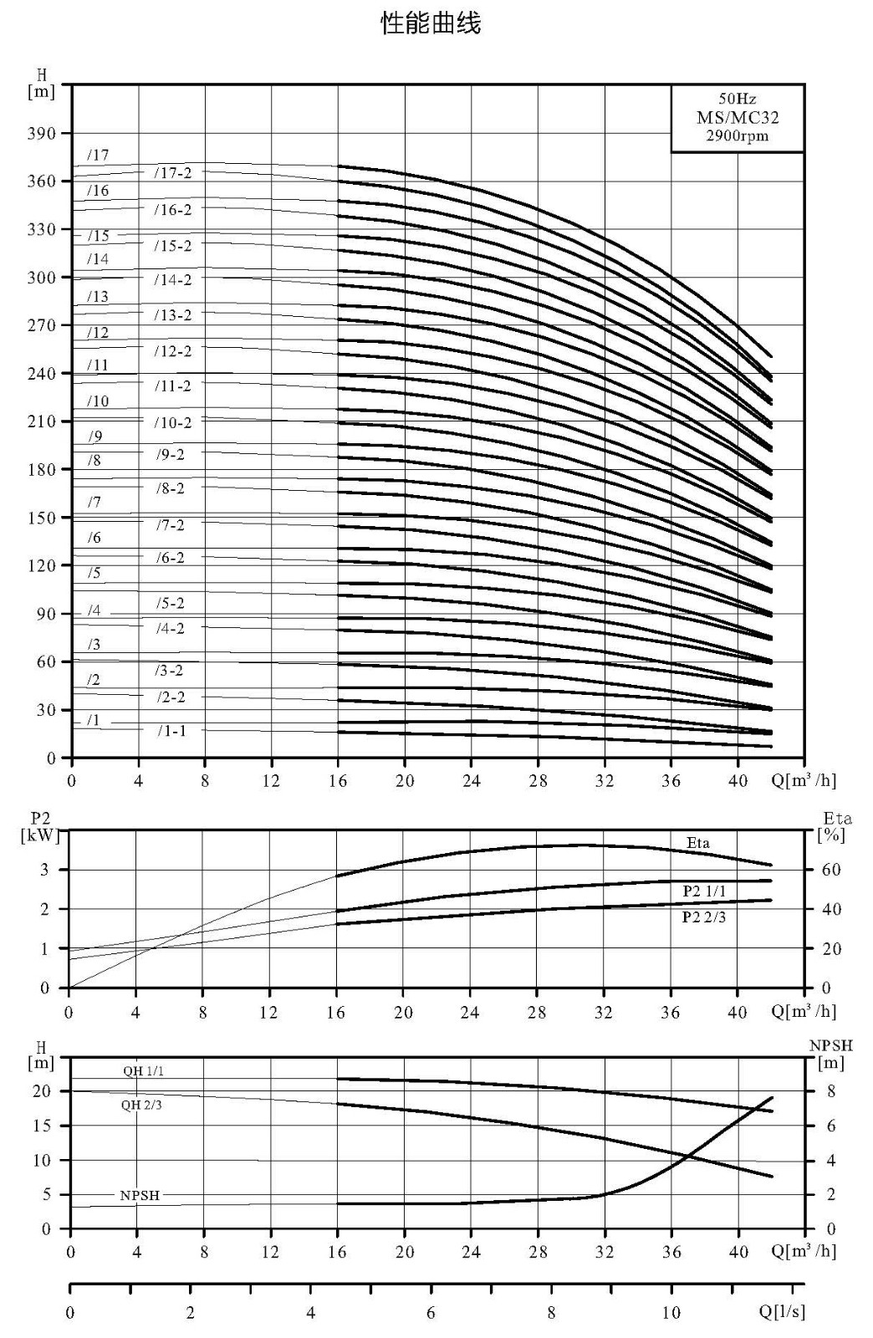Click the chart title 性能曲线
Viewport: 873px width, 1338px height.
tap(431, 24)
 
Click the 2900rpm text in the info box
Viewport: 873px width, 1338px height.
tap(738, 135)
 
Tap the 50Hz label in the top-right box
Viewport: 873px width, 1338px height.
tap(738, 98)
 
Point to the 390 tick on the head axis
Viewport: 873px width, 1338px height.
tap(41, 133)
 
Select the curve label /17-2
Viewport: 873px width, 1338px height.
tap(173, 172)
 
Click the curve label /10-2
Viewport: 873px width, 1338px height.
tap(173, 423)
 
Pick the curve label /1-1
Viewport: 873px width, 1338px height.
tap(172, 731)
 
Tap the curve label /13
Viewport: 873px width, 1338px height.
tap(98, 296)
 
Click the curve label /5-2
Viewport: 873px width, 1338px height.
tap(171, 603)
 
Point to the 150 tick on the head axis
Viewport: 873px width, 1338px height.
tap(41, 518)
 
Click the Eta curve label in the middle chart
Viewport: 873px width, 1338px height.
tap(698, 843)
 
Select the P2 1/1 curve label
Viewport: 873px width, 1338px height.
tap(705, 891)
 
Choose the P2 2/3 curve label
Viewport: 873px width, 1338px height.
tap(704, 917)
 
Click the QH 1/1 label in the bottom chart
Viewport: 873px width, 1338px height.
tap(143, 1071)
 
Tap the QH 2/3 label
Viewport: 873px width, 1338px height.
tap(141, 1105)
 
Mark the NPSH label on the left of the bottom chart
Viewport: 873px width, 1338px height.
tap(140, 1195)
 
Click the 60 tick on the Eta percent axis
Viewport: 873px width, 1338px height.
tap(831, 870)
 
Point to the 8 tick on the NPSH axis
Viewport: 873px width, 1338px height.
tap(830, 1091)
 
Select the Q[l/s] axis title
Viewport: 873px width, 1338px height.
tap(782, 1312)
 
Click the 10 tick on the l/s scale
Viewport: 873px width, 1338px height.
tap(671, 1312)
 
